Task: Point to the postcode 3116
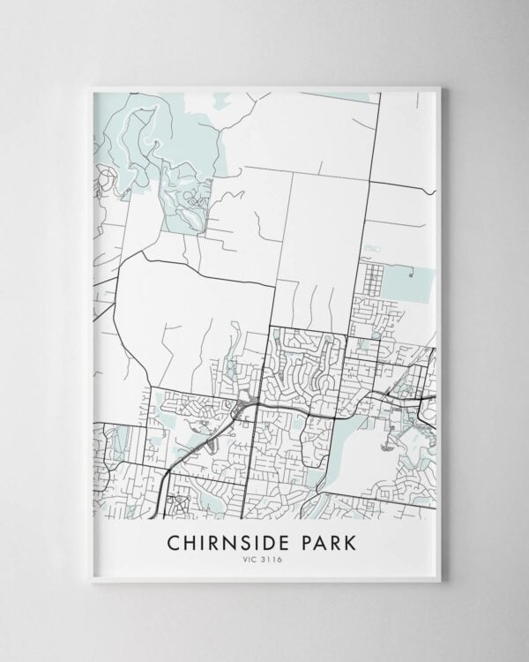[272, 559]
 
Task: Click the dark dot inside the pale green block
[411, 275]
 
